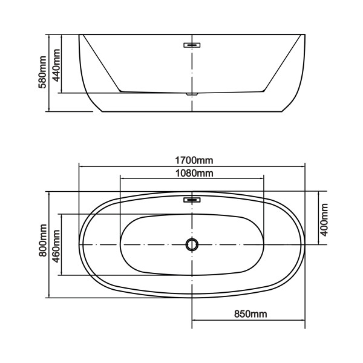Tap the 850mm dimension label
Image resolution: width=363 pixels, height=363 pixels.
(x=250, y=314)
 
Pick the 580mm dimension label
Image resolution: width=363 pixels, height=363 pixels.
(x=43, y=73)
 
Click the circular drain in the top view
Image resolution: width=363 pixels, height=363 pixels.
(x=192, y=244)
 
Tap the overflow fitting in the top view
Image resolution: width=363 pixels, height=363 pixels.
(x=192, y=199)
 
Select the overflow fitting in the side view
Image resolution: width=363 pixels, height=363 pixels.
(x=192, y=44)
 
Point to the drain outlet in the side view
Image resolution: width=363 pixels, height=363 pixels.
(x=192, y=94)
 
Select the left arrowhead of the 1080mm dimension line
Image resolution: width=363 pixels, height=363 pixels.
(x=123, y=179)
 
